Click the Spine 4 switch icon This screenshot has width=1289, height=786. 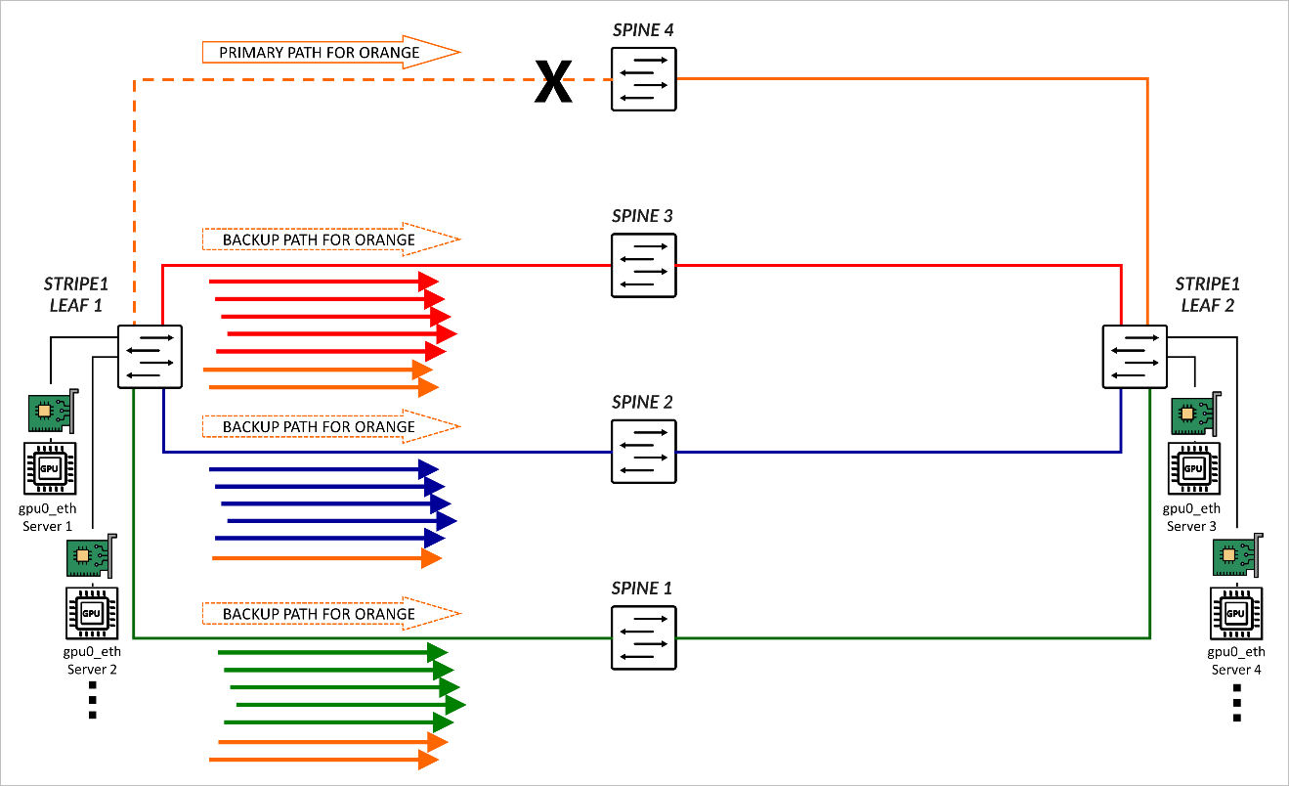click(x=643, y=79)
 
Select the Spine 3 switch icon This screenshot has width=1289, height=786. click(x=643, y=265)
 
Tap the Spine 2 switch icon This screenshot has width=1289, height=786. click(x=643, y=451)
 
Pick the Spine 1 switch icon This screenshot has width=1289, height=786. click(x=643, y=637)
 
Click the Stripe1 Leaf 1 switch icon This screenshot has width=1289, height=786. click(x=150, y=357)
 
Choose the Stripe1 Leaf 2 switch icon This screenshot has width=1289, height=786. click(x=1134, y=357)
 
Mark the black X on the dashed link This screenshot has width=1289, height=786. click(x=553, y=81)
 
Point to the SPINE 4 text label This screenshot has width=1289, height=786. click(x=642, y=30)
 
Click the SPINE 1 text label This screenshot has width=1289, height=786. click(x=642, y=589)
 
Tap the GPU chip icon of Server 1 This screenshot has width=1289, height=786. click(x=48, y=468)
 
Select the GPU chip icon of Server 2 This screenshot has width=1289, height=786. click(x=92, y=614)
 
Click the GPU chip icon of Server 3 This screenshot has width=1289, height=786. click(x=1192, y=468)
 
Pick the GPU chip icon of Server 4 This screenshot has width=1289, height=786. click(x=1235, y=613)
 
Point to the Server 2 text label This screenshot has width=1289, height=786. click(x=92, y=670)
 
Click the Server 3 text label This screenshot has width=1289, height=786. click(x=1192, y=526)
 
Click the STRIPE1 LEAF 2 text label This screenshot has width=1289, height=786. click(x=1208, y=294)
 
